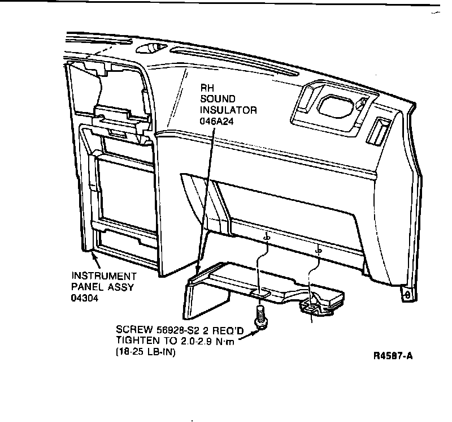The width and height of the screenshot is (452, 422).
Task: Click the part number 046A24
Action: (x=217, y=122)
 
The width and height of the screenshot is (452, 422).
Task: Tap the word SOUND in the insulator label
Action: (x=216, y=99)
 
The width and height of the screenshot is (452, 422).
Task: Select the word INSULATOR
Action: (x=228, y=110)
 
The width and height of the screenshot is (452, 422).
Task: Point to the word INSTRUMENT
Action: (x=104, y=276)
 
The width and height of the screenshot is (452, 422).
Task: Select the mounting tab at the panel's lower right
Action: (x=405, y=294)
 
